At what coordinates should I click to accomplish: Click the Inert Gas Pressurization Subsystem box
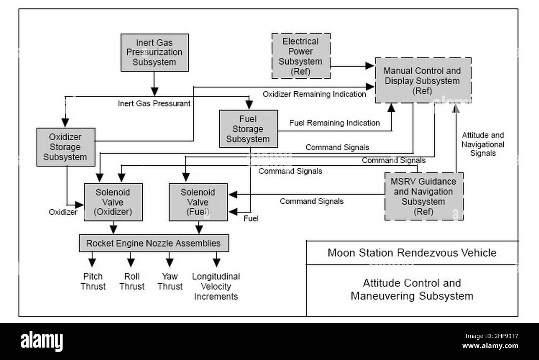coord(155,53)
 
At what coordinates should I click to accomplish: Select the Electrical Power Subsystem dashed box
coord(301,56)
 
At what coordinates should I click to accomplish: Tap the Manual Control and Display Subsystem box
coord(423,80)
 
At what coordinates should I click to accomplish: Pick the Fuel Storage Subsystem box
coord(248,129)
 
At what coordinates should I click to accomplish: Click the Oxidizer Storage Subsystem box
coord(66,147)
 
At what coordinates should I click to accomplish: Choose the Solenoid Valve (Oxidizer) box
coord(113,202)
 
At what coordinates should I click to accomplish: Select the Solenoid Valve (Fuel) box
coord(198,202)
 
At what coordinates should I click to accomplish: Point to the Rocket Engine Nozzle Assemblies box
coord(154,243)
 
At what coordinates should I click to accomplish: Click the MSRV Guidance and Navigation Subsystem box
coord(424,196)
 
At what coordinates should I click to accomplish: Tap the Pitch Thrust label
coord(93,281)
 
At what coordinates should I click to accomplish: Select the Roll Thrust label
coord(132,281)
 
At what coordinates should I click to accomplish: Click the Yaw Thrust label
coord(170,281)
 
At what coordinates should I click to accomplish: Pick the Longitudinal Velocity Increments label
coord(216,286)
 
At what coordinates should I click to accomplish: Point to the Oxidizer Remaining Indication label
coord(314,94)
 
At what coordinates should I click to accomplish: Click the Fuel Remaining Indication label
coord(335,123)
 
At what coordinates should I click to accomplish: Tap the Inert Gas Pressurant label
coord(154,104)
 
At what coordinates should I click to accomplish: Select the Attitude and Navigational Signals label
coord(483,144)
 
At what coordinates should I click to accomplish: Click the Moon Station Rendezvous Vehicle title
coord(412,253)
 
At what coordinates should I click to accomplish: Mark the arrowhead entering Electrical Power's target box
coord(369,65)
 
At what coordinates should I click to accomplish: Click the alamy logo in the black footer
coord(41,341)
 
